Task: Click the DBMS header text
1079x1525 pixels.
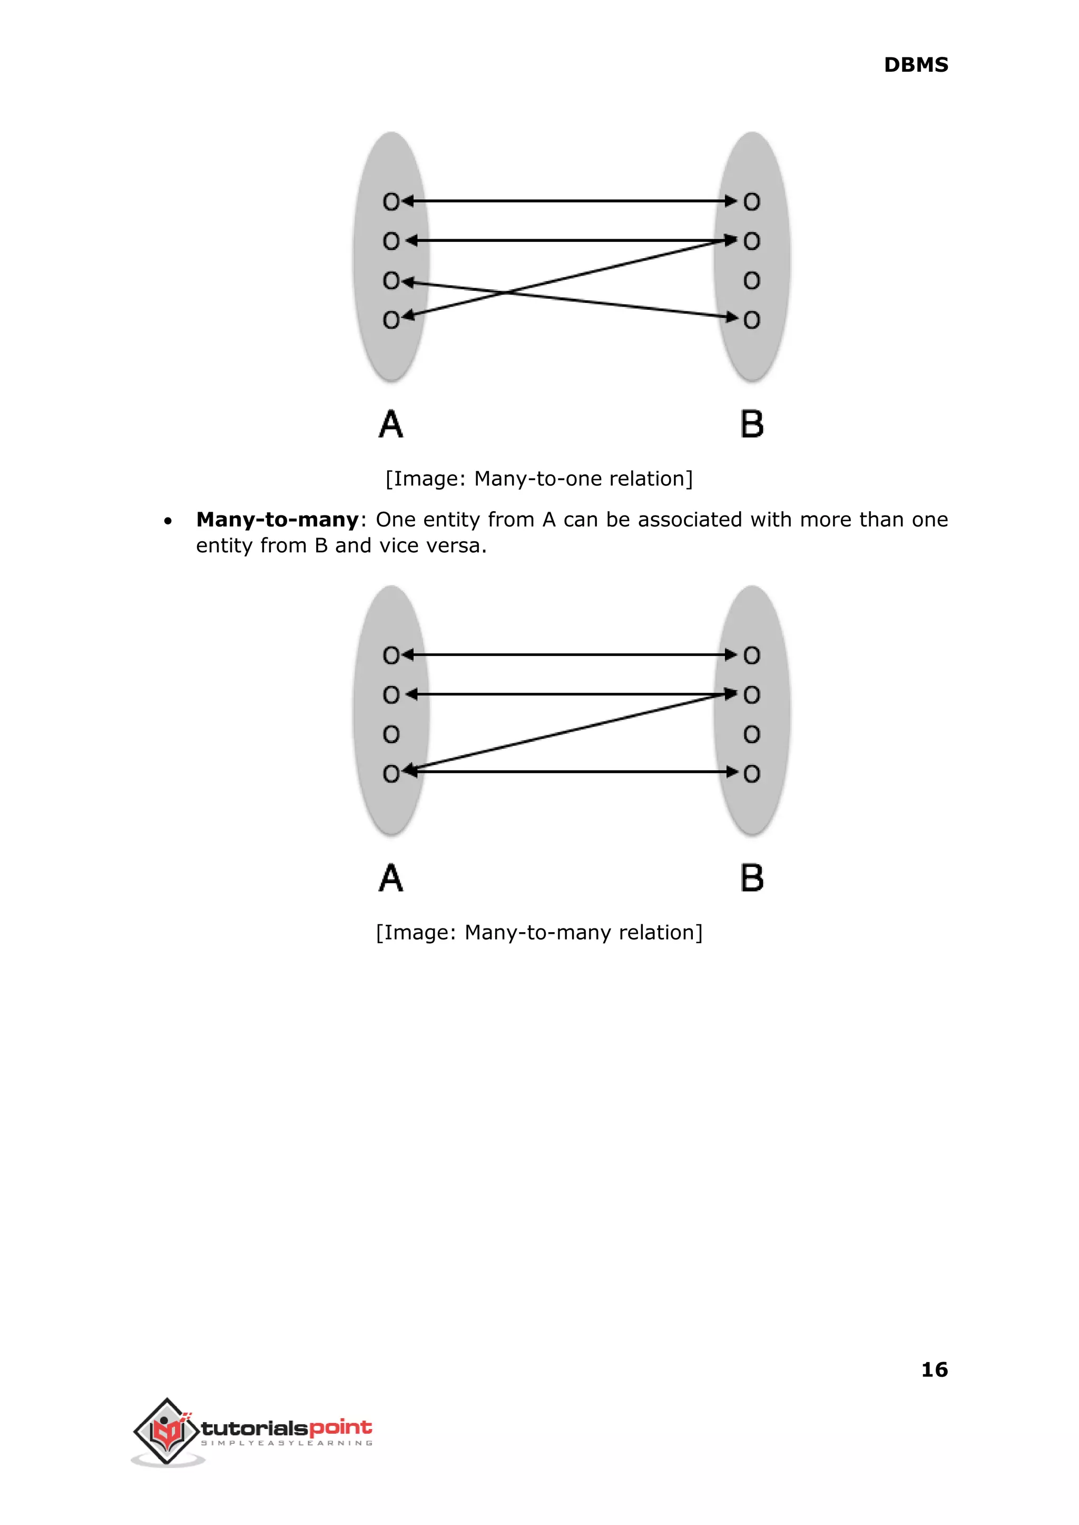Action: [916, 65]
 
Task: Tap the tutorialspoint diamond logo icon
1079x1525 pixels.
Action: [167, 1431]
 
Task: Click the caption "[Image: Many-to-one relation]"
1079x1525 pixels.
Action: [539, 478]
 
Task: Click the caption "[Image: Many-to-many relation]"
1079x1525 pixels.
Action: [539, 932]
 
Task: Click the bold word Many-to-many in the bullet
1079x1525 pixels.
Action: [277, 520]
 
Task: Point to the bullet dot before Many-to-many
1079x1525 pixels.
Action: [168, 521]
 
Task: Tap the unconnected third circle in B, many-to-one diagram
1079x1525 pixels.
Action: [751, 281]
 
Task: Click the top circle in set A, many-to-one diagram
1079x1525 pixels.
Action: [391, 201]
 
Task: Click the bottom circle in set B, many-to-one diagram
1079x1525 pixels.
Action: [751, 320]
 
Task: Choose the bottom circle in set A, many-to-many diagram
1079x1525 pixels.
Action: [391, 774]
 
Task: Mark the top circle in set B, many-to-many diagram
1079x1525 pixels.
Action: [751, 656]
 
